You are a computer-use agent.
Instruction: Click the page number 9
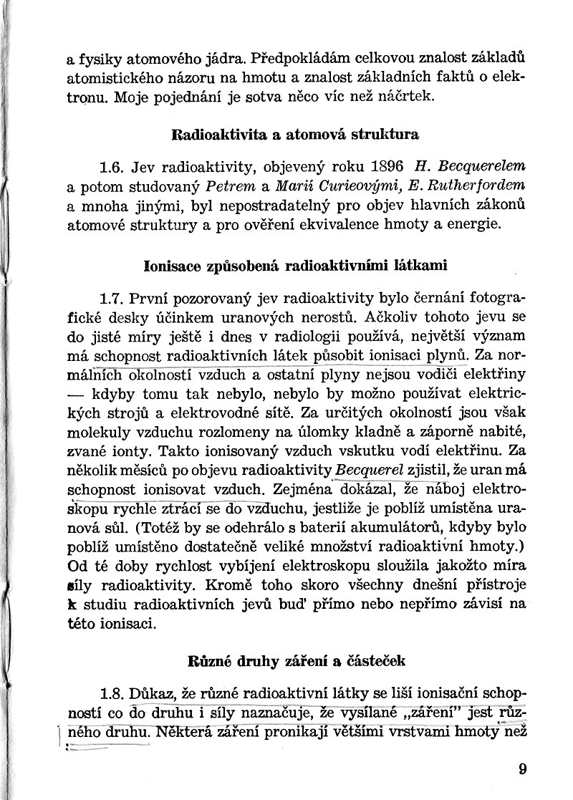[521, 770]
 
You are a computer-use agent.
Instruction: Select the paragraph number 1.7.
[112, 297]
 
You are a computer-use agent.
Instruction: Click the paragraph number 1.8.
[112, 694]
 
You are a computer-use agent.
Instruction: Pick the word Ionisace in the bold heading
[172, 264]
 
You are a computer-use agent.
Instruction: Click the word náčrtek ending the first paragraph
[408, 96]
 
